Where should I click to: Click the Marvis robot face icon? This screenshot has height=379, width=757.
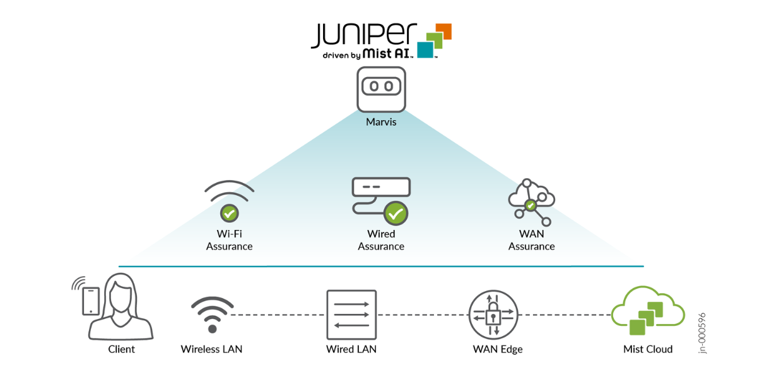pos(381,88)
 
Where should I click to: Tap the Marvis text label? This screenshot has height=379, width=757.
pos(381,121)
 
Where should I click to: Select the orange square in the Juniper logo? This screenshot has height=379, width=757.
pos(444,30)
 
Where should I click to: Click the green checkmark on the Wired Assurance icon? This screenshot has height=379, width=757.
pos(396,214)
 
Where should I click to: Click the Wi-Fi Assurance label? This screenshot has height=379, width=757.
pos(229,240)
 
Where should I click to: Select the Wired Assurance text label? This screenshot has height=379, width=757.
pos(381,240)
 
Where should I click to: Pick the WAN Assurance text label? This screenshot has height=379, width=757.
pos(531,240)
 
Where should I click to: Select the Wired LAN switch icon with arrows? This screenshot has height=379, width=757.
pos(351,314)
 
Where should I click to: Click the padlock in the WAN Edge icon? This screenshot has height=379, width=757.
pos(493,314)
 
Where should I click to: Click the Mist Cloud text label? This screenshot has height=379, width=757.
pos(647,349)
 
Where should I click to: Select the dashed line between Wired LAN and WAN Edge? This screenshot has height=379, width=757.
pos(423,315)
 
